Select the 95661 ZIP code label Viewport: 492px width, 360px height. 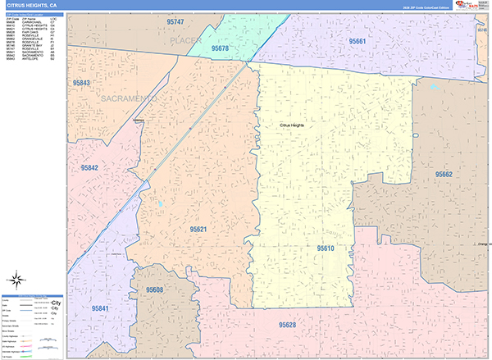tap(357, 41)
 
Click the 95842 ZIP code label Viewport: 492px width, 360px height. tap(89, 167)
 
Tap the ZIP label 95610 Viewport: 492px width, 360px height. tap(326, 247)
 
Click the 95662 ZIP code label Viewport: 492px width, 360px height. tap(444, 175)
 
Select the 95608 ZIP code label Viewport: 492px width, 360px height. tap(155, 290)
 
